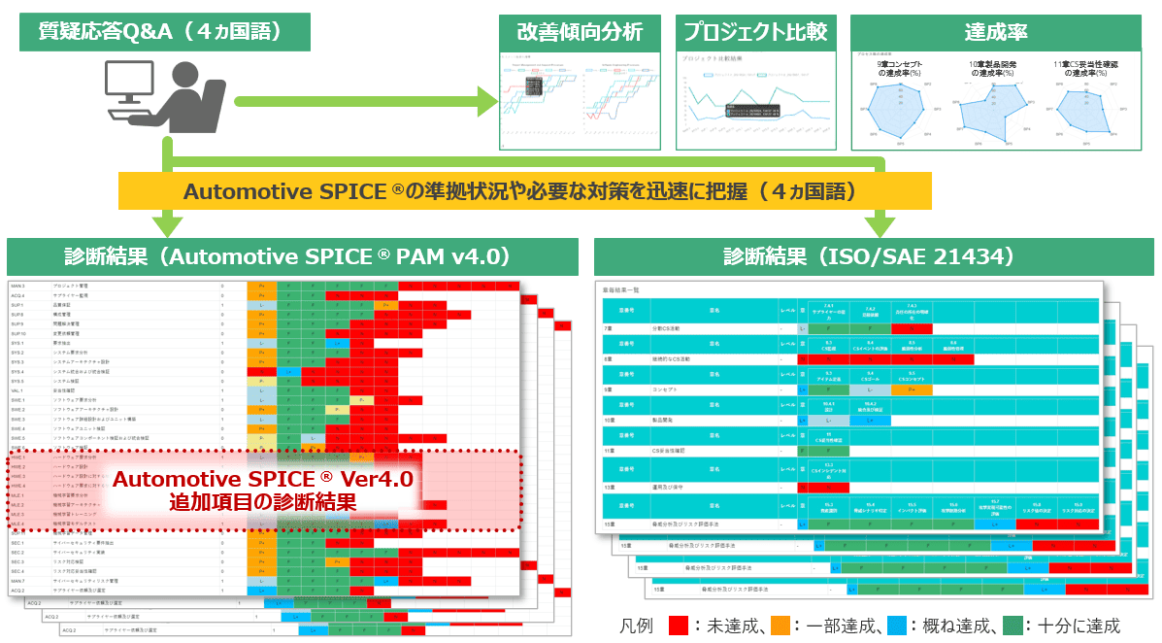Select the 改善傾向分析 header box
click(x=580, y=31)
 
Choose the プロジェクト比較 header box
click(x=754, y=31)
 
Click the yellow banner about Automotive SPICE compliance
click(x=524, y=190)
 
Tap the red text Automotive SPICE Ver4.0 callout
click(x=262, y=491)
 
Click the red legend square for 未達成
click(x=679, y=626)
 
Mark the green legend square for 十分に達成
click(x=1013, y=626)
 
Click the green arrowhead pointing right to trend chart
click(x=486, y=100)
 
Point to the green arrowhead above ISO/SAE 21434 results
click(x=880, y=226)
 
